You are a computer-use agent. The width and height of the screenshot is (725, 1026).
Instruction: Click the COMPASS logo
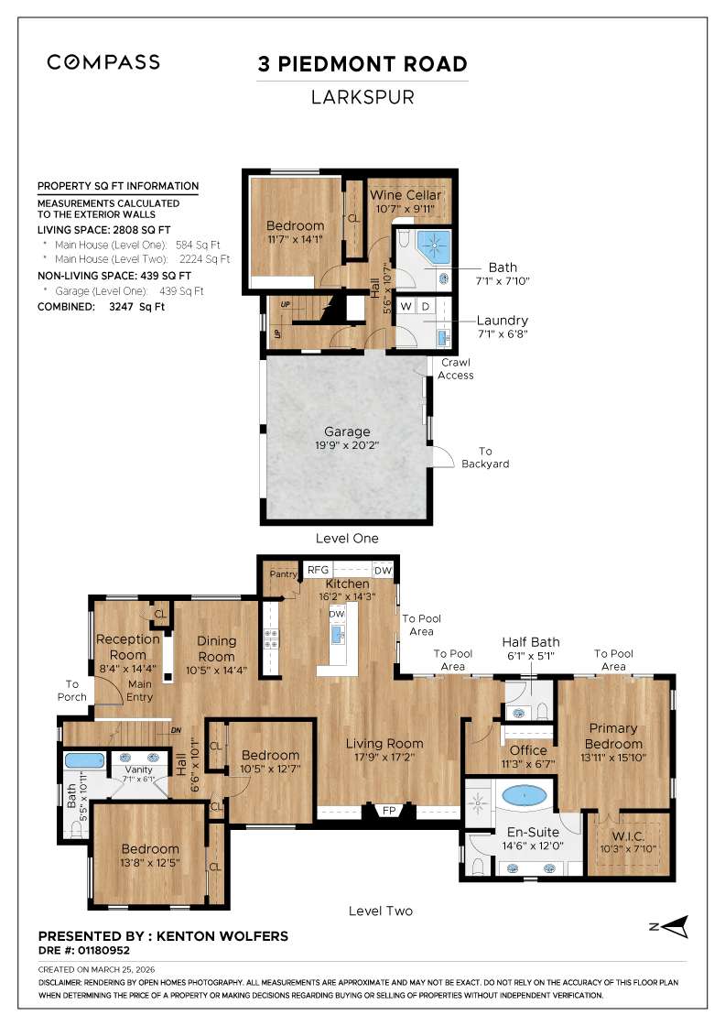[103, 62]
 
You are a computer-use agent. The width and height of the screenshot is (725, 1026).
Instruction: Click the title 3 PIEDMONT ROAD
[362, 64]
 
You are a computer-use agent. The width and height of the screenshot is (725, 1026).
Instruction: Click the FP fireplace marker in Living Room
[388, 811]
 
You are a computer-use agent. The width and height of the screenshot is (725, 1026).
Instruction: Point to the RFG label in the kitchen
[318, 569]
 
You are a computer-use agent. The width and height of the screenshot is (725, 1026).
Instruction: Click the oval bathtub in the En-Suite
[524, 795]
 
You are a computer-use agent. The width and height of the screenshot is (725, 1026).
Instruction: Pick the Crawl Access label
[455, 369]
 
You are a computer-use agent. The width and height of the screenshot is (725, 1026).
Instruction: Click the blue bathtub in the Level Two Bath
[83, 760]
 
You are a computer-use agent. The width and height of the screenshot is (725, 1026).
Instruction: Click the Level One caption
[347, 539]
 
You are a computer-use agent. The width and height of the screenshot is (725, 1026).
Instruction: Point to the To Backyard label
[485, 457]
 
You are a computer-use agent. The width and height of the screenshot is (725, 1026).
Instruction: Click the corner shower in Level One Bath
[430, 245]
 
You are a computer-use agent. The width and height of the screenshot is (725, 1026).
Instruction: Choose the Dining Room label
[217, 649]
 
